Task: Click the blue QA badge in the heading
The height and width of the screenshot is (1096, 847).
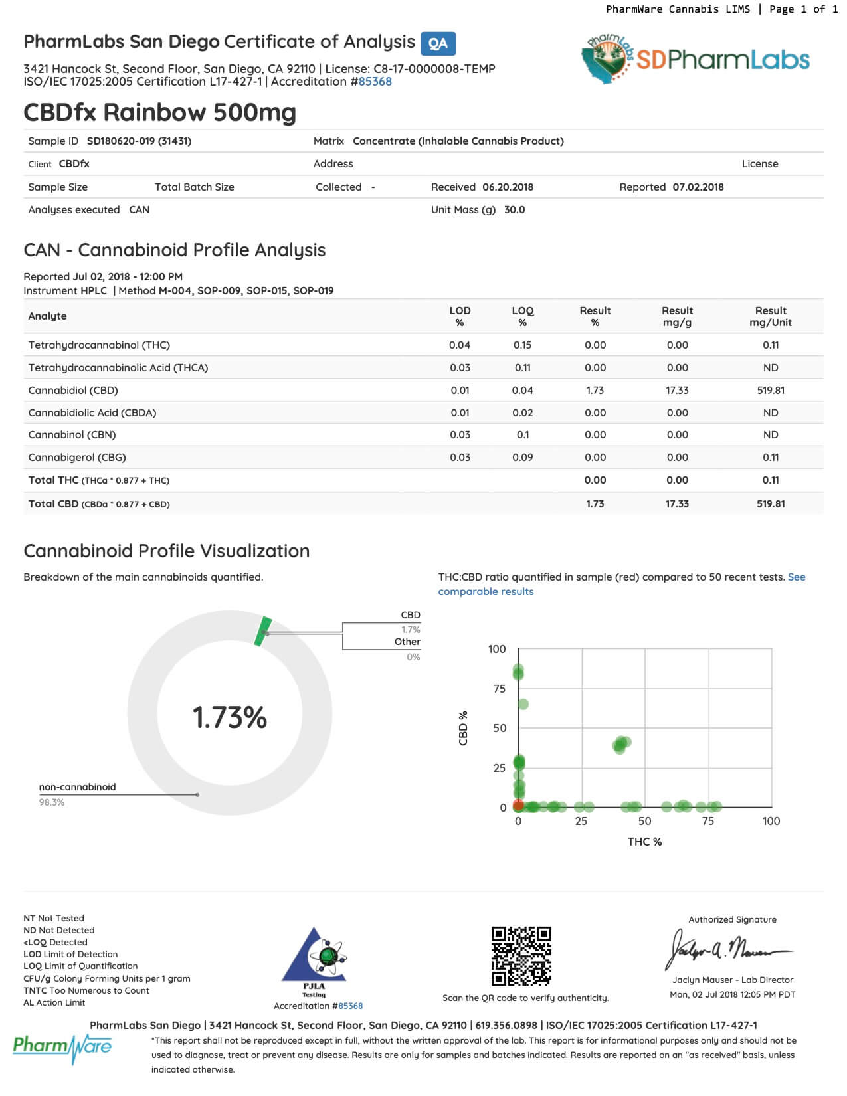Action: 438,44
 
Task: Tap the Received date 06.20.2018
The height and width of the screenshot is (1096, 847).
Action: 508,187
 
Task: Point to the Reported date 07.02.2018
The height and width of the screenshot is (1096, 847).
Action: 698,187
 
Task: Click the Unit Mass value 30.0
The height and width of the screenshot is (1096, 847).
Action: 514,209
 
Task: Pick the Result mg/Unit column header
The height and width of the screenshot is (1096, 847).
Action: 770,316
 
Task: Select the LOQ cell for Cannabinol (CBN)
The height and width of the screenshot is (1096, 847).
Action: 522,434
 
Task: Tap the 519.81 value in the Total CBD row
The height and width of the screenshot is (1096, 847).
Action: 770,503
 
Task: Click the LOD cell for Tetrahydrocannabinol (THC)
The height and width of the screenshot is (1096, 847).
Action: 459,345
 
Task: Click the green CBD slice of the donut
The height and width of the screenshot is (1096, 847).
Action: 263,631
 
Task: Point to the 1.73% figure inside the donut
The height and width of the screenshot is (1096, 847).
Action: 229,717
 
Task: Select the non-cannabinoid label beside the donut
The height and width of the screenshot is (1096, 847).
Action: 77,787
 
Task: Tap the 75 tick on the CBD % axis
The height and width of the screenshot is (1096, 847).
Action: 499,689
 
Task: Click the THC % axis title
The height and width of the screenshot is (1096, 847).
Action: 644,842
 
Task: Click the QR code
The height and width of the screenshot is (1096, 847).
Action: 521,956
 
